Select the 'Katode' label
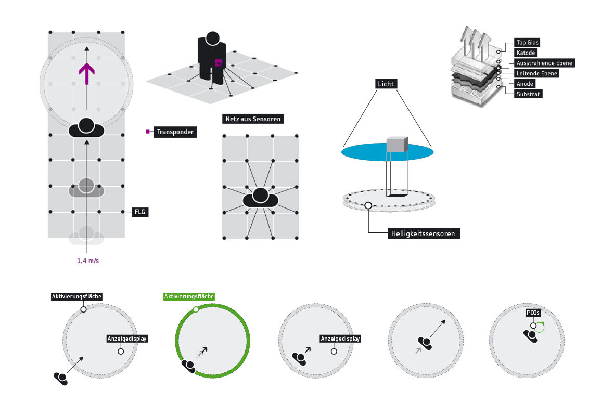(x=526, y=53)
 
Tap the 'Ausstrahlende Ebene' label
(x=544, y=63)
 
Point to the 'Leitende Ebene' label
(x=536, y=73)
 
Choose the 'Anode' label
(x=525, y=84)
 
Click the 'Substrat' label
(x=528, y=94)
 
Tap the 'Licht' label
(x=387, y=84)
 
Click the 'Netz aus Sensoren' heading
(x=253, y=119)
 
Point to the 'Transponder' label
(x=175, y=132)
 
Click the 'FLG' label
(x=140, y=212)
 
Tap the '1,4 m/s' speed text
(x=88, y=261)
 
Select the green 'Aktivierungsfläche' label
(x=189, y=296)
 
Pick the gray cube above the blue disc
(x=398, y=145)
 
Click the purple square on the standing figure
(x=219, y=63)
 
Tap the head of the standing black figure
(x=212, y=38)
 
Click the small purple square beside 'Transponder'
(x=148, y=132)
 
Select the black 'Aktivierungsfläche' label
(x=76, y=296)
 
